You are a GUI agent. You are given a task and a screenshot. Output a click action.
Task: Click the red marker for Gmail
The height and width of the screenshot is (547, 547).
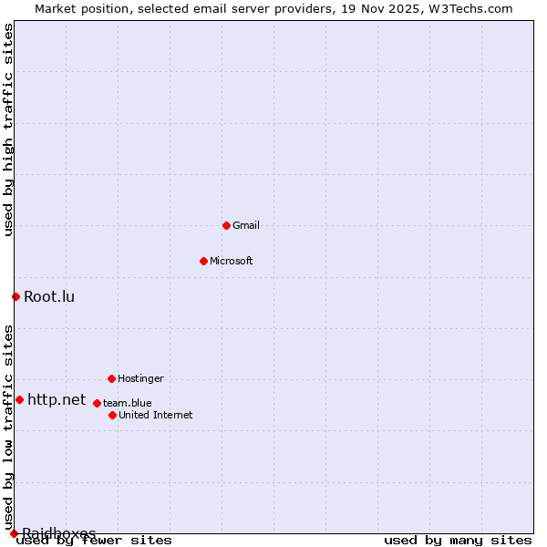point(226,225)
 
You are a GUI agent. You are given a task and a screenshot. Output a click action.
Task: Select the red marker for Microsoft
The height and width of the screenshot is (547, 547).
point(203,261)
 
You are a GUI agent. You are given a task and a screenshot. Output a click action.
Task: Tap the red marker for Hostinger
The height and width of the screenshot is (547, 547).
point(111,378)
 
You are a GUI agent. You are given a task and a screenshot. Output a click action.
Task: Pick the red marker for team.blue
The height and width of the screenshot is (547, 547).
point(97,403)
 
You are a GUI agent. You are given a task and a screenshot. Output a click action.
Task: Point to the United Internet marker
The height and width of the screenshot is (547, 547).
point(112,415)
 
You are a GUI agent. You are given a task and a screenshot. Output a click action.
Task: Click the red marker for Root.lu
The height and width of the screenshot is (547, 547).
point(15,296)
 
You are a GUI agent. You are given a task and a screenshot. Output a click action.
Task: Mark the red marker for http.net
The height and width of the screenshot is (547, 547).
point(19,399)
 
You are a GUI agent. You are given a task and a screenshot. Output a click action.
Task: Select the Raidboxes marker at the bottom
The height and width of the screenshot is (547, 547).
point(14,533)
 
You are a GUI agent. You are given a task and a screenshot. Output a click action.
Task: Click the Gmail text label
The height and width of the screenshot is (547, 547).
point(246,225)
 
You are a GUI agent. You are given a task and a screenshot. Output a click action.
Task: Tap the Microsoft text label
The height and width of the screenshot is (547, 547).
point(232,261)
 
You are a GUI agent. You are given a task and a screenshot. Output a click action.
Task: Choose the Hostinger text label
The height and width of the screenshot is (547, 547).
point(140,378)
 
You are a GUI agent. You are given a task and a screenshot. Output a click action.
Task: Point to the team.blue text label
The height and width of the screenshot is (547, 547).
point(127,403)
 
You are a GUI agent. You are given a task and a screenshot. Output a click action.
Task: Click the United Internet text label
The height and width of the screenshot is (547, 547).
point(155,415)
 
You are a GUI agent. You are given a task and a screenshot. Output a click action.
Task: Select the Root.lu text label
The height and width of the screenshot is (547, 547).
point(49,296)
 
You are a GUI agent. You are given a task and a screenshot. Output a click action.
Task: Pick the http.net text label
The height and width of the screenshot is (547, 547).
point(57,399)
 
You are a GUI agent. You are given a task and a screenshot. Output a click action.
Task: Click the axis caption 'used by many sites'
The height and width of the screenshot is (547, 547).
point(458,541)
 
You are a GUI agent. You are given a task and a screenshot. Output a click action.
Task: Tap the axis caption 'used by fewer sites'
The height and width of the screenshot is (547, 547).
point(95,541)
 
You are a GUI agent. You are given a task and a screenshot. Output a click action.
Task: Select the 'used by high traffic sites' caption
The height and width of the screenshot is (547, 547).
point(8,130)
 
